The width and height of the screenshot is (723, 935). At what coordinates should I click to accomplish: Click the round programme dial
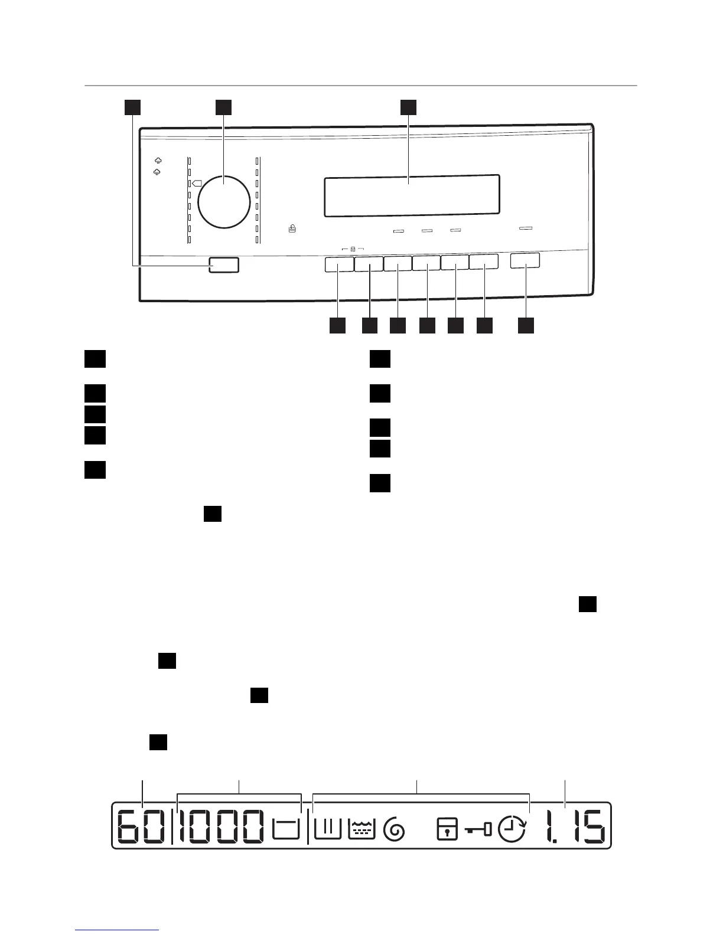pos(224,201)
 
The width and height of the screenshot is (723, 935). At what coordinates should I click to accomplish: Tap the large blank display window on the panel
pos(412,195)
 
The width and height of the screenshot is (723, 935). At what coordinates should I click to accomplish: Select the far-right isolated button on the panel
pos(525,261)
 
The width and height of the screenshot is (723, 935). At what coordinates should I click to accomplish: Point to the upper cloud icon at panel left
pos(158,160)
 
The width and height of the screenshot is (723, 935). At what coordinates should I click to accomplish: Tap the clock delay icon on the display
pos(512,829)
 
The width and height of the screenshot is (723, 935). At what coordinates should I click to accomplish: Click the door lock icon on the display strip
pos(447,829)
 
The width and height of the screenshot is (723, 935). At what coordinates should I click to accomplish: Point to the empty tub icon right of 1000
pos(286,829)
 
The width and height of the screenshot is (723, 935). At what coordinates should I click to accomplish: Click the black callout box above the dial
pos(223,107)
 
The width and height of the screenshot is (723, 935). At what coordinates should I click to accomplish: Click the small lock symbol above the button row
pos(353,250)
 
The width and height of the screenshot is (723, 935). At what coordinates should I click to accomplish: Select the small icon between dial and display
pos(292,227)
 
